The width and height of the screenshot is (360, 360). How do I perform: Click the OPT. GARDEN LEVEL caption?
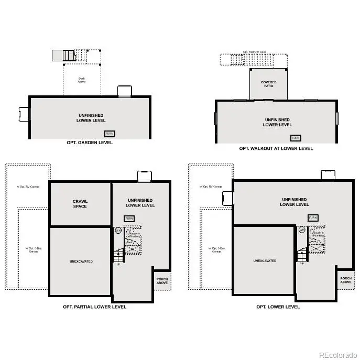click(90, 143)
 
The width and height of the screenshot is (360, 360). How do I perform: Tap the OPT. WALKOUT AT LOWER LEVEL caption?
click(276, 148)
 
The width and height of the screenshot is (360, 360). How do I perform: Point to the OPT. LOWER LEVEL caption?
click(278, 307)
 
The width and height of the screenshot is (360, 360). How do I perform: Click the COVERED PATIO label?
click(268, 84)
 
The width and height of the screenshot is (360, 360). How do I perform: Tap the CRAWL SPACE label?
click(80, 204)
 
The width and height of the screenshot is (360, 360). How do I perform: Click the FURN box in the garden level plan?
click(110, 134)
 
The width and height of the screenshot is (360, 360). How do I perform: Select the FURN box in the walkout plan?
click(296, 138)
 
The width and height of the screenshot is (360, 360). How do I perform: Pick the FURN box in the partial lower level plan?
click(129, 218)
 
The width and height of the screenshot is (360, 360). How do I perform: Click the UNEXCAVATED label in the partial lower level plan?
click(81, 261)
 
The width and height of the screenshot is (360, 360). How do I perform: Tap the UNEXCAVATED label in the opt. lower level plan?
click(264, 261)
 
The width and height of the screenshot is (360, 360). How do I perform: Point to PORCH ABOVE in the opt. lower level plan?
click(346, 280)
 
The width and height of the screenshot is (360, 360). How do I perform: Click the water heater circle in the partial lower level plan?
click(118, 230)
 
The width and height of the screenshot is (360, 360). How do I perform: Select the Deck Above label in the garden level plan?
click(82, 80)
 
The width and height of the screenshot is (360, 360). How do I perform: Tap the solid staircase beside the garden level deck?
click(64, 56)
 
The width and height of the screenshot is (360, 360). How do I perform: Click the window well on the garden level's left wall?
click(24, 114)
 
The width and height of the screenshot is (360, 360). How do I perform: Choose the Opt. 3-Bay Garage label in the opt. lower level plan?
click(216, 250)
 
